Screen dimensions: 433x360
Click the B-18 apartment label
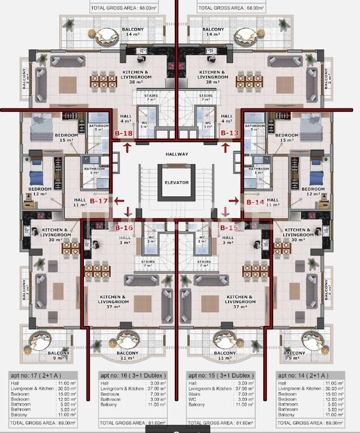(x=123, y=133)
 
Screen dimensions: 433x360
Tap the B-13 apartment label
(x=230, y=133)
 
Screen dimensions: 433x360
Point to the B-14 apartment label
(x=255, y=202)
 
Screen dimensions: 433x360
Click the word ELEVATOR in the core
(x=177, y=182)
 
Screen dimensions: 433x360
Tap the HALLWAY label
(x=177, y=154)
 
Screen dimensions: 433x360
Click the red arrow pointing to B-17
(x=119, y=201)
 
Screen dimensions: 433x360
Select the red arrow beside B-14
(x=234, y=201)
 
